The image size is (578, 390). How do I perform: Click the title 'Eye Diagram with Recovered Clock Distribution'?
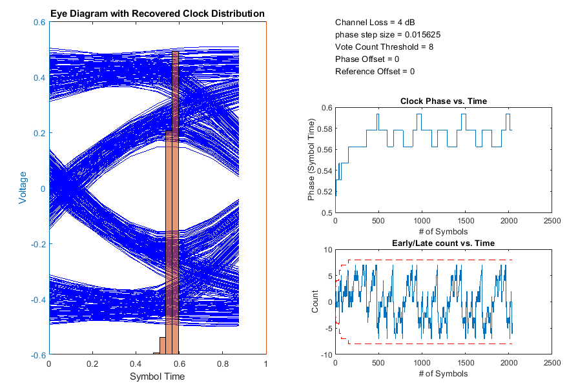click(158, 14)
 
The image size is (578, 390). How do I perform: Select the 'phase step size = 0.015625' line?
click(388, 35)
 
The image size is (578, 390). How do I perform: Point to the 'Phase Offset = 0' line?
click(367, 59)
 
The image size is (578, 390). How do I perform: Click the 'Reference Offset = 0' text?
click(375, 72)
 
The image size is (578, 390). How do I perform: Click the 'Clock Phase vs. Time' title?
click(444, 101)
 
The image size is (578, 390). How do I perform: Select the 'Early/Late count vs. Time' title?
click(444, 243)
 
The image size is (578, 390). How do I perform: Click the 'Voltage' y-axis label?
click(23, 188)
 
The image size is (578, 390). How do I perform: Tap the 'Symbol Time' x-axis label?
click(158, 377)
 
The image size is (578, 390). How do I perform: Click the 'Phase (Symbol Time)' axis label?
click(311, 160)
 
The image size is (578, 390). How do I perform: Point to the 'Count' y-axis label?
click(315, 302)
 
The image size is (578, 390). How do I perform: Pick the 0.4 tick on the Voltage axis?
click(39, 77)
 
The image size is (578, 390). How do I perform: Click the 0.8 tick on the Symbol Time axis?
click(223, 364)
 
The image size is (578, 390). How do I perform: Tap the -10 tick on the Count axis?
click(326, 355)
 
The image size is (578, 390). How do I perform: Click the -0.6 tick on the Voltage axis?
click(37, 355)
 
